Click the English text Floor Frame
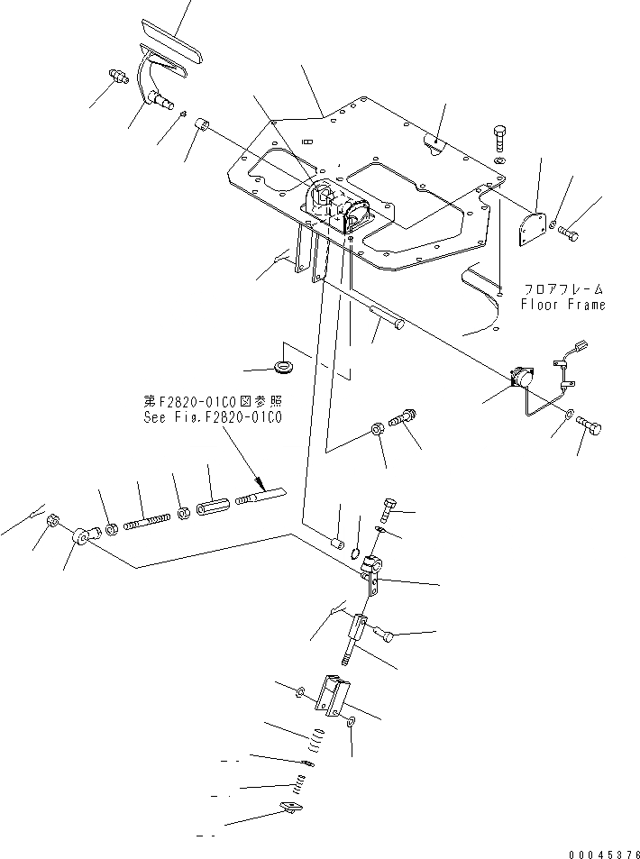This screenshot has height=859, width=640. [562, 305]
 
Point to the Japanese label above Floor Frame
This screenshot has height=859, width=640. [564, 290]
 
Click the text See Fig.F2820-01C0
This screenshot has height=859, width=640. [213, 417]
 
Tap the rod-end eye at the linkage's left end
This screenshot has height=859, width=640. [82, 538]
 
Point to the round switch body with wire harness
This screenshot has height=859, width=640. [522, 379]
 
